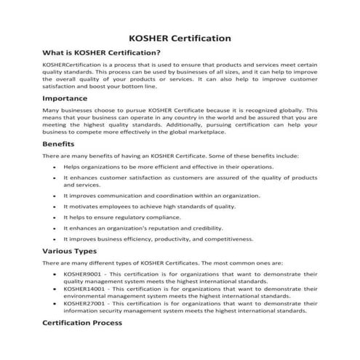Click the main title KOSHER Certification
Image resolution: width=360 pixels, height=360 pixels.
[180, 36]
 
